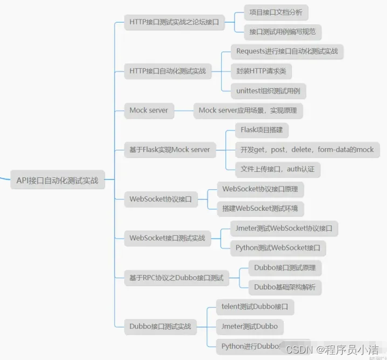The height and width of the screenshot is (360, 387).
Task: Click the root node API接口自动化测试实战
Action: [x=57, y=181]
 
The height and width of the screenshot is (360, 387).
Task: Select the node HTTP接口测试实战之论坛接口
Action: [x=174, y=22]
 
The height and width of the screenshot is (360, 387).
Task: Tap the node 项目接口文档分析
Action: [x=276, y=11]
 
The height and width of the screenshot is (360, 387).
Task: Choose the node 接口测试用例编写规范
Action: [x=283, y=32]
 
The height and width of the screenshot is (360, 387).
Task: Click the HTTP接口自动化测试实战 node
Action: [x=168, y=71]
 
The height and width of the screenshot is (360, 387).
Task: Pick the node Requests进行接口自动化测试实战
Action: [x=287, y=51]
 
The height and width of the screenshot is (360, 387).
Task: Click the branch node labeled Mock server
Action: [x=149, y=110]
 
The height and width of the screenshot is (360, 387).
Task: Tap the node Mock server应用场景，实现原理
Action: [x=248, y=110]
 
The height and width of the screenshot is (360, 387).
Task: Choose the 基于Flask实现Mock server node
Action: [x=170, y=150]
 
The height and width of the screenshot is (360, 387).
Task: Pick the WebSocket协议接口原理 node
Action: [x=260, y=189]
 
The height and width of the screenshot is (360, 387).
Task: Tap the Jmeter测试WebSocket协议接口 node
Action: [x=284, y=228]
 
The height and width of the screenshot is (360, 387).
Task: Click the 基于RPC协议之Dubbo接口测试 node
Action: [x=176, y=278]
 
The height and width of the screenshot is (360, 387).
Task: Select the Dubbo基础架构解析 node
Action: [x=285, y=287]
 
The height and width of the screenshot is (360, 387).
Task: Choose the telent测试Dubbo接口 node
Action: [x=255, y=306]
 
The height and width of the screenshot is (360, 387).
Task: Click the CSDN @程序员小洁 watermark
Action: [x=332, y=350]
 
